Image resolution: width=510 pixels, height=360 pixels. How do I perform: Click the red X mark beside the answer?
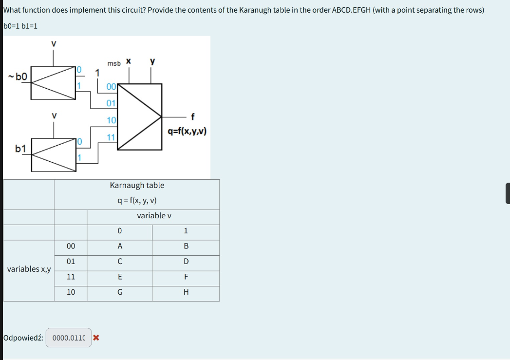coord(96,338)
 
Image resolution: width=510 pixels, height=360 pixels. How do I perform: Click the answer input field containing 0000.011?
coord(69,338)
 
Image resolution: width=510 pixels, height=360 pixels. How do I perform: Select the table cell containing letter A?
coord(120,246)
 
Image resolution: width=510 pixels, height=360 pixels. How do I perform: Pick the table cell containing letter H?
coord(186,293)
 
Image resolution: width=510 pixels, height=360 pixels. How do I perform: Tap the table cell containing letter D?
coord(186,262)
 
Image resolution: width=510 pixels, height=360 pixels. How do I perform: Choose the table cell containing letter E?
coord(120,277)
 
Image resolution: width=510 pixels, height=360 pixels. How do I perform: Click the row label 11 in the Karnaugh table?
coord(71,277)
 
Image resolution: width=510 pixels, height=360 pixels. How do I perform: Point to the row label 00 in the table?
coord(71,246)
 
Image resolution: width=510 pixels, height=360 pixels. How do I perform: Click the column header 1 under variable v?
coord(186,231)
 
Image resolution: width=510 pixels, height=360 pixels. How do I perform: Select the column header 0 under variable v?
coord(120,231)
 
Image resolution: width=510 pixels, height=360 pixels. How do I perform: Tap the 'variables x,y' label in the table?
coord(29,269)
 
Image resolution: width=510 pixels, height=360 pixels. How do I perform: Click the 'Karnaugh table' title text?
coord(137,185)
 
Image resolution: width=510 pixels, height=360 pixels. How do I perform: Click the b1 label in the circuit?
coord(21,148)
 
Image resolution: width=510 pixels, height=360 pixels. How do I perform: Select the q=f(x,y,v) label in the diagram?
coord(187,131)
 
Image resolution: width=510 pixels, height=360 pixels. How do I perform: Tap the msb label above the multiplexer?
coord(114,64)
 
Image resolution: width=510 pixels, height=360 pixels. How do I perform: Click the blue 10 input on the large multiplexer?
coord(111,120)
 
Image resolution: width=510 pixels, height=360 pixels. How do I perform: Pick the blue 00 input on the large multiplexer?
coord(111,87)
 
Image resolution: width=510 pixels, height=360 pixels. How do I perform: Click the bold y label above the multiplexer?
coord(152,61)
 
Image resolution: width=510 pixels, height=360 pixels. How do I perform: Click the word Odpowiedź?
coord(23,338)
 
